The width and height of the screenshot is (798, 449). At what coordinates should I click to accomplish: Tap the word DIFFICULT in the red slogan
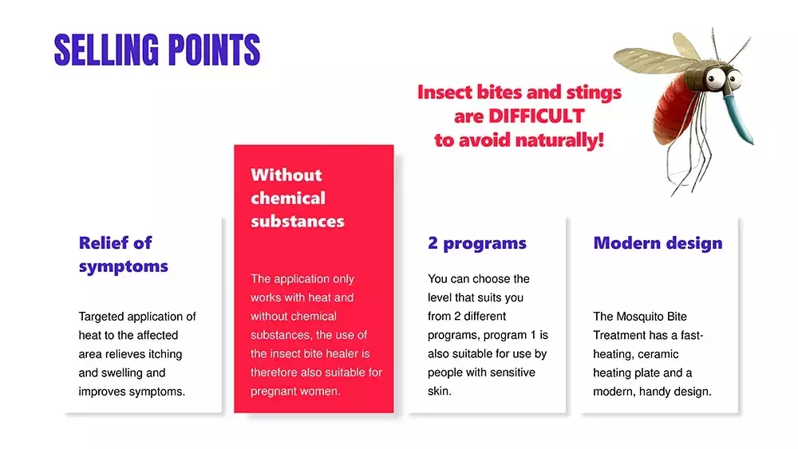(536, 116)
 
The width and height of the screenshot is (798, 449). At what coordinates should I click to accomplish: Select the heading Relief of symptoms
(123, 254)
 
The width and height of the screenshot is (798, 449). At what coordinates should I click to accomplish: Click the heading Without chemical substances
(297, 198)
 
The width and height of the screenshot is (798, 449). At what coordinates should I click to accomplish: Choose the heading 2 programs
(477, 243)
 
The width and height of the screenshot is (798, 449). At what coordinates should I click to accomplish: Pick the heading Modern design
(658, 243)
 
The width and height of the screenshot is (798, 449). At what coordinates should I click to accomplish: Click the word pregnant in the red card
(272, 392)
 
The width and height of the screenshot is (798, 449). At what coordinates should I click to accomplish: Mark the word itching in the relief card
(164, 354)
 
